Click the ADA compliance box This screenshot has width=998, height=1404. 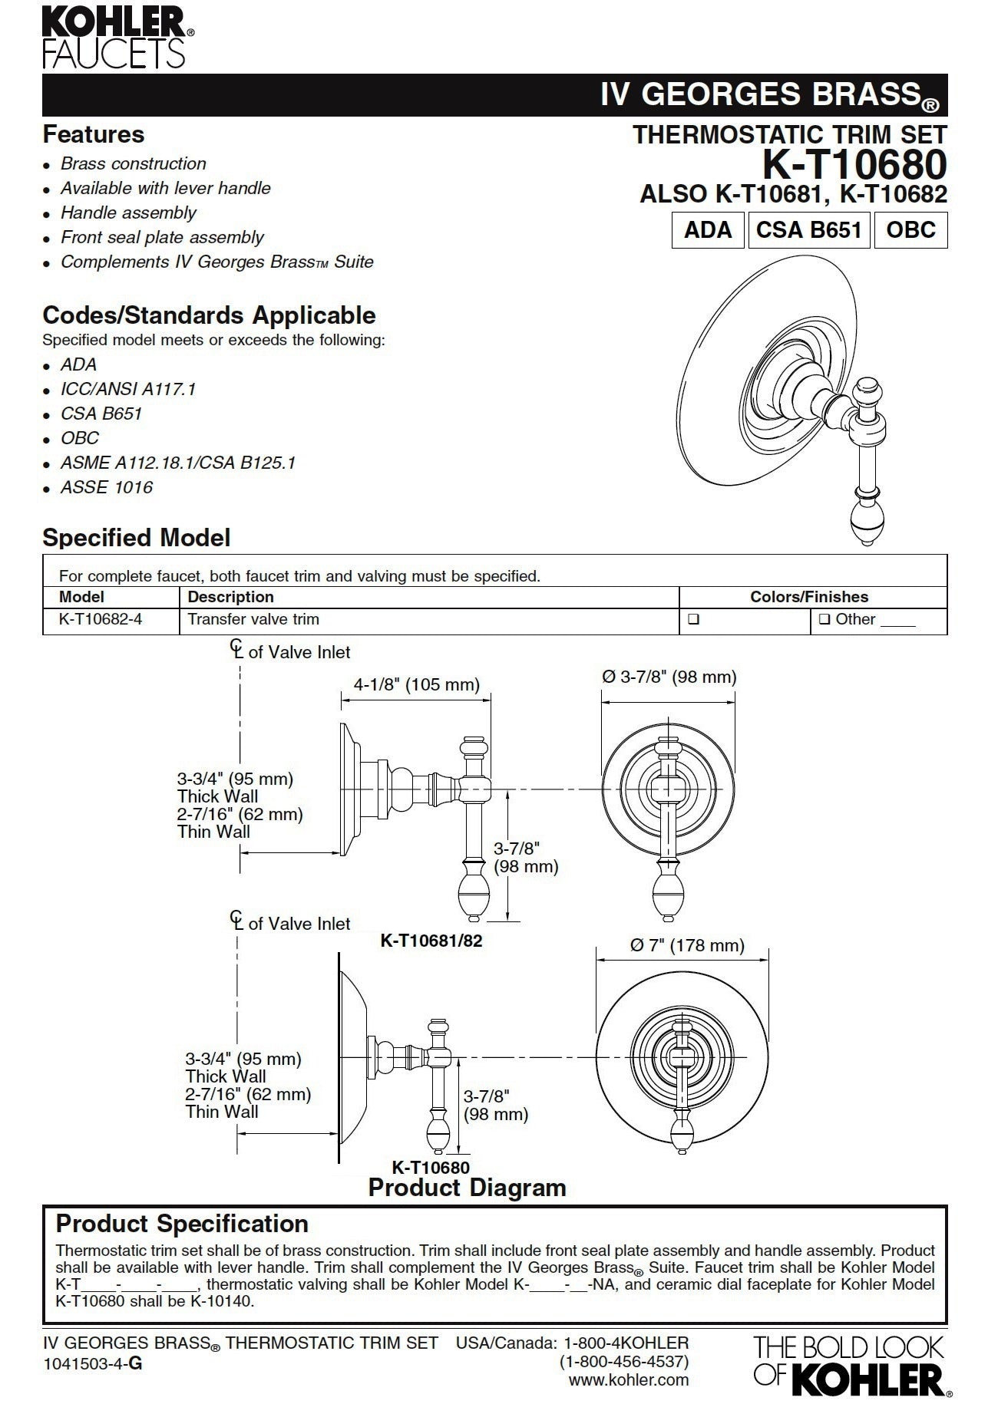coord(708,230)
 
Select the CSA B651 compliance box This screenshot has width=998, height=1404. coord(808,230)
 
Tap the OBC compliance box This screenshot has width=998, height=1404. coord(910,230)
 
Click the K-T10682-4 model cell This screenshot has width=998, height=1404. coord(101,619)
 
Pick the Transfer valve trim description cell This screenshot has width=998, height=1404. coord(253,619)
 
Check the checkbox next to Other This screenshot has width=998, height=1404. coord(825,620)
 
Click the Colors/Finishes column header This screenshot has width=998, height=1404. coord(808,597)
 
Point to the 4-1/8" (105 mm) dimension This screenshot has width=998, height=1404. coord(416,684)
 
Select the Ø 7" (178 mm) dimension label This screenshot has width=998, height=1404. coord(687,945)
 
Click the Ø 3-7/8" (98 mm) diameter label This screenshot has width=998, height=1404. coord(669,677)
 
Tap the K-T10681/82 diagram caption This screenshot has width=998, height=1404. coord(431,940)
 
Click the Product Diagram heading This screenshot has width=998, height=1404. coord(467,1188)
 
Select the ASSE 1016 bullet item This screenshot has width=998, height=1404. coord(106,487)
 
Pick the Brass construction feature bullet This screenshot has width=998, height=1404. coord(133,163)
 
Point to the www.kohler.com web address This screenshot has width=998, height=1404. coord(628,1380)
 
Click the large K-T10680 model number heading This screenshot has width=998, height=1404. coord(854,164)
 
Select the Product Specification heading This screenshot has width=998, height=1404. coord(183,1224)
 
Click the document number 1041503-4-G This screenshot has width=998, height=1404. coord(92,1363)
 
